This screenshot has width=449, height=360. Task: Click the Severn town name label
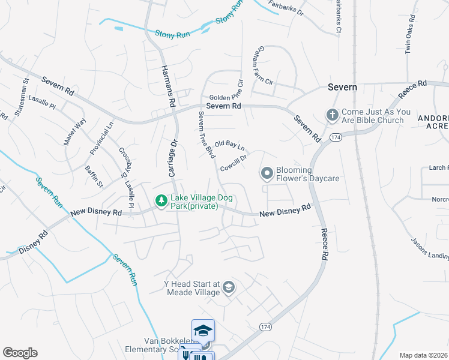[x=343, y=87]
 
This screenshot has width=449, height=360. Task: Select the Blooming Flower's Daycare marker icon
[x=268, y=174]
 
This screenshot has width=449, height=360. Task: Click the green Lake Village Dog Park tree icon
[x=161, y=200]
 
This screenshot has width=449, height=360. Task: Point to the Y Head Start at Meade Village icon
[x=228, y=289]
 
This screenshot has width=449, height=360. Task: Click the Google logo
[x=20, y=353]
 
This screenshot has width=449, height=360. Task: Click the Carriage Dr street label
[x=172, y=159]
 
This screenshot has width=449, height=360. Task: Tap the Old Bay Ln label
[x=230, y=145]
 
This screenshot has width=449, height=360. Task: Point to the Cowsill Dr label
[x=234, y=162]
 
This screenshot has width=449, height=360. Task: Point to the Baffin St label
[x=94, y=176]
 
